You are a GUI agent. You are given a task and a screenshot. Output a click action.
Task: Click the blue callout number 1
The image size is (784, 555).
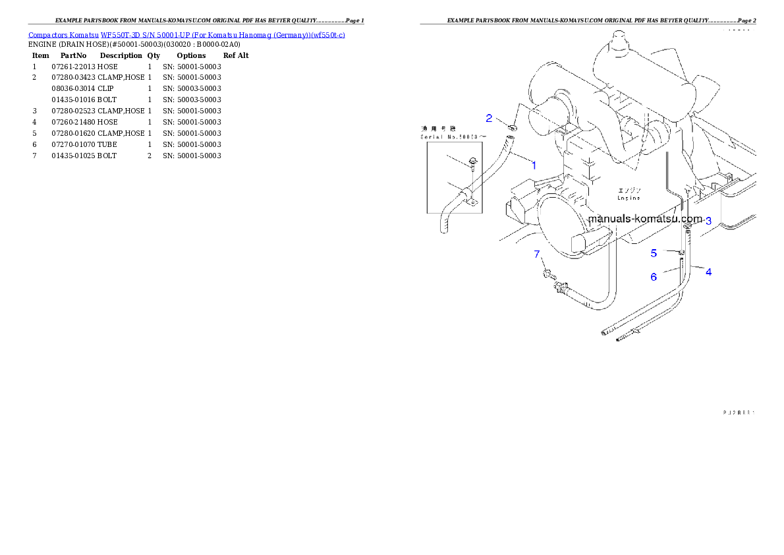534,165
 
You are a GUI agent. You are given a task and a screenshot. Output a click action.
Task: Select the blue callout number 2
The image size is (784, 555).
489,119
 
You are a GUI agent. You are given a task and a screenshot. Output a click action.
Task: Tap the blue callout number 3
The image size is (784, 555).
708,221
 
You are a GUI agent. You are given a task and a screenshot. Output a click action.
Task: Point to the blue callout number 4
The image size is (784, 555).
709,271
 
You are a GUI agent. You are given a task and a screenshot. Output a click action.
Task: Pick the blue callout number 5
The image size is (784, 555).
654,253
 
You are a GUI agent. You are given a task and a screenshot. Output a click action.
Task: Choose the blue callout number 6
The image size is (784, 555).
654,277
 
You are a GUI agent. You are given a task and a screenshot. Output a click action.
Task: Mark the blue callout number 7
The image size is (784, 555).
537,254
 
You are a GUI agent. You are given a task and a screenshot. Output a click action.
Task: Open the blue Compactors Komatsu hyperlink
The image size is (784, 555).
186,34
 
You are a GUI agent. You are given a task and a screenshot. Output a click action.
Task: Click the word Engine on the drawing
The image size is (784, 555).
629,197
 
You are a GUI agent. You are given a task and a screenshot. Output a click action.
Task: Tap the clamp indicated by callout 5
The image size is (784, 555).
682,252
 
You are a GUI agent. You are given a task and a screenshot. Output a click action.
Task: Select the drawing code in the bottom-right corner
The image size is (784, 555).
739,413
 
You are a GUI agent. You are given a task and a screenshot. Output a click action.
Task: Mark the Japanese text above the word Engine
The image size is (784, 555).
628,189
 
